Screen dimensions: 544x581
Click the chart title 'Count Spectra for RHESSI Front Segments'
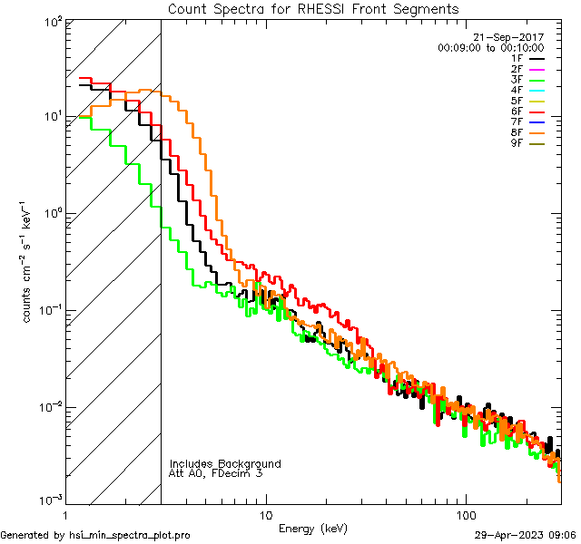313,8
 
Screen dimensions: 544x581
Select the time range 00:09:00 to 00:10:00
490,47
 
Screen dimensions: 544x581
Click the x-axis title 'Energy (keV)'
312,528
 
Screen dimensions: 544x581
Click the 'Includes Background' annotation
225,463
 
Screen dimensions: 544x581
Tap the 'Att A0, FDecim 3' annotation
216,473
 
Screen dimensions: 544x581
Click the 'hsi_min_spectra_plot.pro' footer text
130,535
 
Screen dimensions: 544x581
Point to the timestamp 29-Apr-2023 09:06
526,535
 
